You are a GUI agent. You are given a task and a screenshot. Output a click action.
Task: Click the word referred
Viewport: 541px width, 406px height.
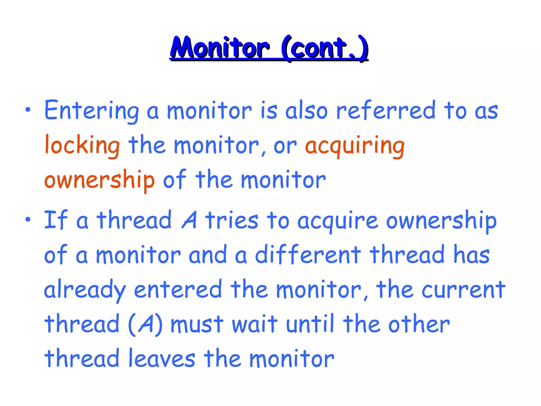[x=385, y=110]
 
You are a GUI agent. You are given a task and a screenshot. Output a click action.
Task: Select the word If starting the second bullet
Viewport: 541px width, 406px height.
[x=56, y=220]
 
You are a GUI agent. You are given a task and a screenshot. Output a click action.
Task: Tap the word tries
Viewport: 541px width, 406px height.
[x=232, y=220]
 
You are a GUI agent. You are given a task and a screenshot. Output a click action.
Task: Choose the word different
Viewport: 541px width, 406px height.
[x=308, y=255]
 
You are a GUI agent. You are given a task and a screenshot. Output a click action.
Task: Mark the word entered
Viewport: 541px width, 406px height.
[x=178, y=289]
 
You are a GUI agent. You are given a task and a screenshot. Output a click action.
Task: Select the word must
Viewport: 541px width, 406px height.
[x=197, y=325]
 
